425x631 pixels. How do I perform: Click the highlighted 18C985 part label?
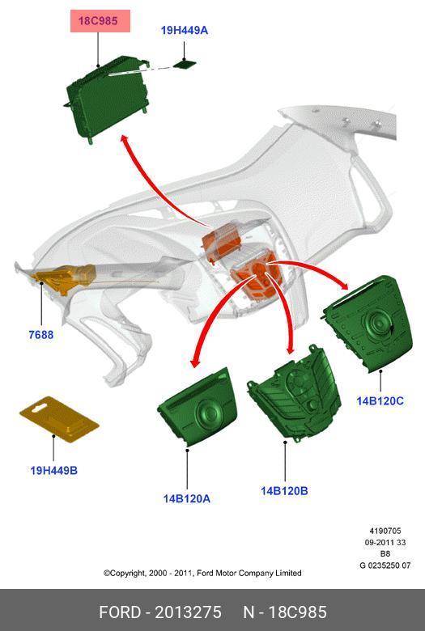coord(98,21)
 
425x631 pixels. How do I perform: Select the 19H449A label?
coord(185,30)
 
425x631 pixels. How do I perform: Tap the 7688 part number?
coord(41,334)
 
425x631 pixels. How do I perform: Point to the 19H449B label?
coord(54,470)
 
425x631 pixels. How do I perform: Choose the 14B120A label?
coord(186,498)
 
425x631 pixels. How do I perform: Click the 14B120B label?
coord(284,490)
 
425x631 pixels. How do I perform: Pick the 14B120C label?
coord(380,400)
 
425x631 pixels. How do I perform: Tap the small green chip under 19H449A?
coord(185,64)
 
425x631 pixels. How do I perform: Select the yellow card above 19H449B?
coord(59,419)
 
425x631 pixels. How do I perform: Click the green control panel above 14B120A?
coord(198,407)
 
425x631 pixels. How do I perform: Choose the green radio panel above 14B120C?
coord(368,323)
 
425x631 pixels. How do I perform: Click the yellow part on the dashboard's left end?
coord(65,277)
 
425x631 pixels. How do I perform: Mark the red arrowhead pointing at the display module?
coord(125,141)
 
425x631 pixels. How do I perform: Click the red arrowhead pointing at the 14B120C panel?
coord(343,284)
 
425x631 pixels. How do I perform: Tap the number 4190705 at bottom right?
coord(385,531)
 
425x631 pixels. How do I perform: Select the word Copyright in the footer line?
coord(124,573)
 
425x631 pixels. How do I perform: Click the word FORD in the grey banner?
coord(120,612)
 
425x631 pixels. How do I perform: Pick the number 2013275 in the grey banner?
coord(188,612)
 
